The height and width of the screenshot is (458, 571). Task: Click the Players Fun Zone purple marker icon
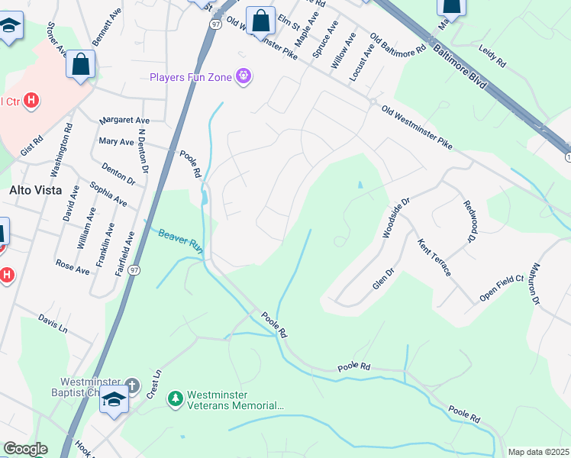point(244,76)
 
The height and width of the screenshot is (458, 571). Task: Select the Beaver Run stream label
point(179,240)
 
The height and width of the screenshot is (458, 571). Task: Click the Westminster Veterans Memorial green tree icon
point(176,398)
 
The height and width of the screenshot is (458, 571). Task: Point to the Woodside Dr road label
point(395,217)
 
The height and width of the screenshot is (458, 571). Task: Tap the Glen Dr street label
point(382,277)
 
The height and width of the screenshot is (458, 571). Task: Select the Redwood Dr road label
point(470,221)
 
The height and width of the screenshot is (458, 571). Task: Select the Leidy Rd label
point(493,56)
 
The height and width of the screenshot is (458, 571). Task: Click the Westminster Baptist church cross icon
point(131,386)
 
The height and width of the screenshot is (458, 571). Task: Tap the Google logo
point(24,450)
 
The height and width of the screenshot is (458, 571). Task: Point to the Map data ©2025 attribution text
point(539,452)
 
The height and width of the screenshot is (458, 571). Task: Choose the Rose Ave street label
point(73,266)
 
